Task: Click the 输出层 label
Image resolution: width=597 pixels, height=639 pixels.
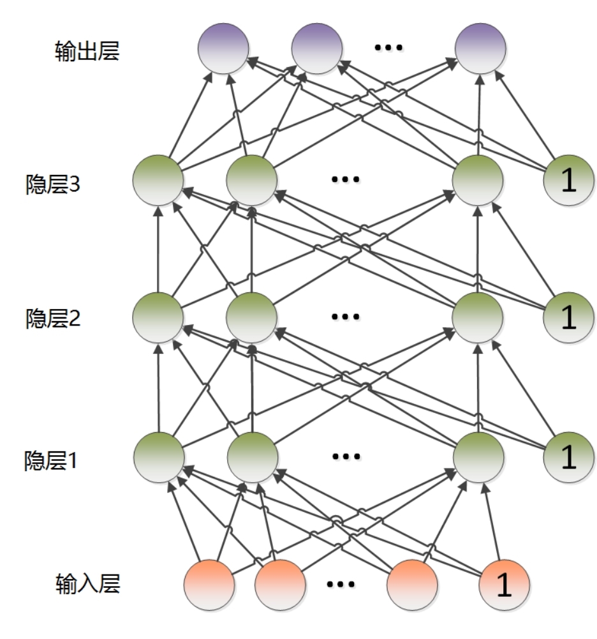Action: pyautogui.click(x=87, y=50)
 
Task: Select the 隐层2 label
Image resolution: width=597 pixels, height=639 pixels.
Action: pyautogui.click(x=52, y=318)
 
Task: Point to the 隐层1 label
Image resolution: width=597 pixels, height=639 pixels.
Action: pyautogui.click(x=52, y=460)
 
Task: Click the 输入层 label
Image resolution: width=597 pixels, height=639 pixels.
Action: pyautogui.click(x=87, y=583)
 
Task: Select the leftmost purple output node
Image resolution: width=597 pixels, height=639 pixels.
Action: pyautogui.click(x=223, y=49)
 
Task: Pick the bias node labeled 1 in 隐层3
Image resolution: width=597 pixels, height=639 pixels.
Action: pyautogui.click(x=568, y=181)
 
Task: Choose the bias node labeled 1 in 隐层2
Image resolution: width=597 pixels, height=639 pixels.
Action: pyautogui.click(x=568, y=317)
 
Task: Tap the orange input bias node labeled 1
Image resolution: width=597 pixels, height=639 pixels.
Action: pyautogui.click(x=504, y=585)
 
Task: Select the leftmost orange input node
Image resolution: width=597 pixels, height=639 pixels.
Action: pyautogui.click(x=209, y=585)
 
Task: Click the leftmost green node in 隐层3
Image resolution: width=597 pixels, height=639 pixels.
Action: pyautogui.click(x=158, y=181)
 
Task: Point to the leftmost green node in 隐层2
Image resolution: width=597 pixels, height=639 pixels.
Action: pyautogui.click(x=158, y=317)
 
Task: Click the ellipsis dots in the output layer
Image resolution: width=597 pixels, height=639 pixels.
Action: pyautogui.click(x=388, y=48)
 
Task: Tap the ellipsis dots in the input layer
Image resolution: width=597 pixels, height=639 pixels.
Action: pyautogui.click(x=341, y=583)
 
